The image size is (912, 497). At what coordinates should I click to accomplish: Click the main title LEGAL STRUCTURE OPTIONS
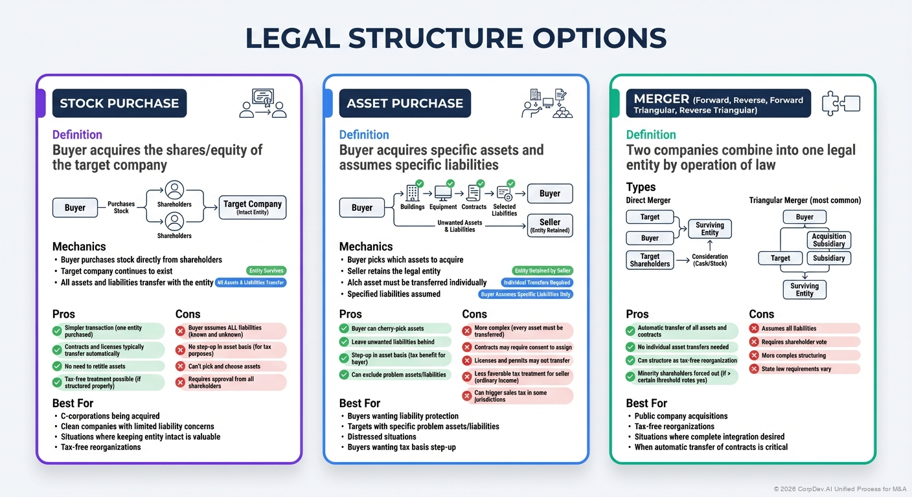455,39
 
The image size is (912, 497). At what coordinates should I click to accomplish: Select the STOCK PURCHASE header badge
119,104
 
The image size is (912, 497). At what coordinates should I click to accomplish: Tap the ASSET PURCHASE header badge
405,104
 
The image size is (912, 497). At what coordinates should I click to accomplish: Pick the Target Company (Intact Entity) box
253,207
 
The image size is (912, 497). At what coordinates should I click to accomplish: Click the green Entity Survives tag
266,271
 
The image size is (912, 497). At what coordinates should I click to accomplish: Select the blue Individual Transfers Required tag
537,283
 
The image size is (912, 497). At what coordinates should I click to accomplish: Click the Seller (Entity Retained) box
550,226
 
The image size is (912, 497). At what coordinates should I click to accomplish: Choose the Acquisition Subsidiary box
828,240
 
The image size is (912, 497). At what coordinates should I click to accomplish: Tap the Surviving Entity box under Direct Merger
709,228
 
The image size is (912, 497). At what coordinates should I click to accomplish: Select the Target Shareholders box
650,260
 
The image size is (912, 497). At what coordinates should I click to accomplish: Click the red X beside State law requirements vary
753,369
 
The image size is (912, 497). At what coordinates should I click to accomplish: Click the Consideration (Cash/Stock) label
709,260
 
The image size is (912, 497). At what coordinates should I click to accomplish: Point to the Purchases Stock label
121,207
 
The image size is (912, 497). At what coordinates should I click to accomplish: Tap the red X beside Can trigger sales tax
467,396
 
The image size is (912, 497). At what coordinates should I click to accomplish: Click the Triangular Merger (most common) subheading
804,201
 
